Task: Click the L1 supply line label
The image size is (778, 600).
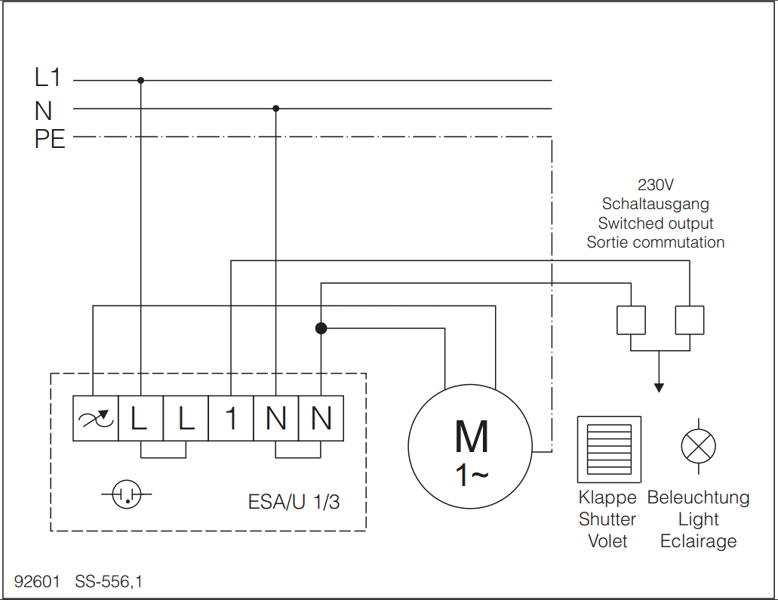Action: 48,78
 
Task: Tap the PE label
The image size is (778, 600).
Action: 50,139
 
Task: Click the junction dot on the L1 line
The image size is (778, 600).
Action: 141,81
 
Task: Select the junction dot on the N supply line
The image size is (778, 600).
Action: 276,108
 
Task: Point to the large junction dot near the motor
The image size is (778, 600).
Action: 321,328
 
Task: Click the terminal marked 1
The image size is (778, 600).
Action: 231,418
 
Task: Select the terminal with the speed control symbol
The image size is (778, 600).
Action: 96,418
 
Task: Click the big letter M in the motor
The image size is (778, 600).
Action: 472,437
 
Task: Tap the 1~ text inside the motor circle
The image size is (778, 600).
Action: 472,475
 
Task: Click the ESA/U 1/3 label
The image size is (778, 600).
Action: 294,502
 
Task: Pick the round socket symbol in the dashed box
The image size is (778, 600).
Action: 127,494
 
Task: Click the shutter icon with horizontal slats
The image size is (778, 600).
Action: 609,450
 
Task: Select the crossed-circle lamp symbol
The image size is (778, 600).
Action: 699,446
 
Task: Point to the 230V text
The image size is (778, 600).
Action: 656,185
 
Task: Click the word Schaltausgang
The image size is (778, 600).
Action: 656,204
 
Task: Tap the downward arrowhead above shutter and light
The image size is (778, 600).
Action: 659,388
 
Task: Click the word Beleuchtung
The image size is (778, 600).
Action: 698,497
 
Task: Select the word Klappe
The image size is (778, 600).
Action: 607,497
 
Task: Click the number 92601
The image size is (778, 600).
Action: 37,581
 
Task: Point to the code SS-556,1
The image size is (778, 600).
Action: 109,582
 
